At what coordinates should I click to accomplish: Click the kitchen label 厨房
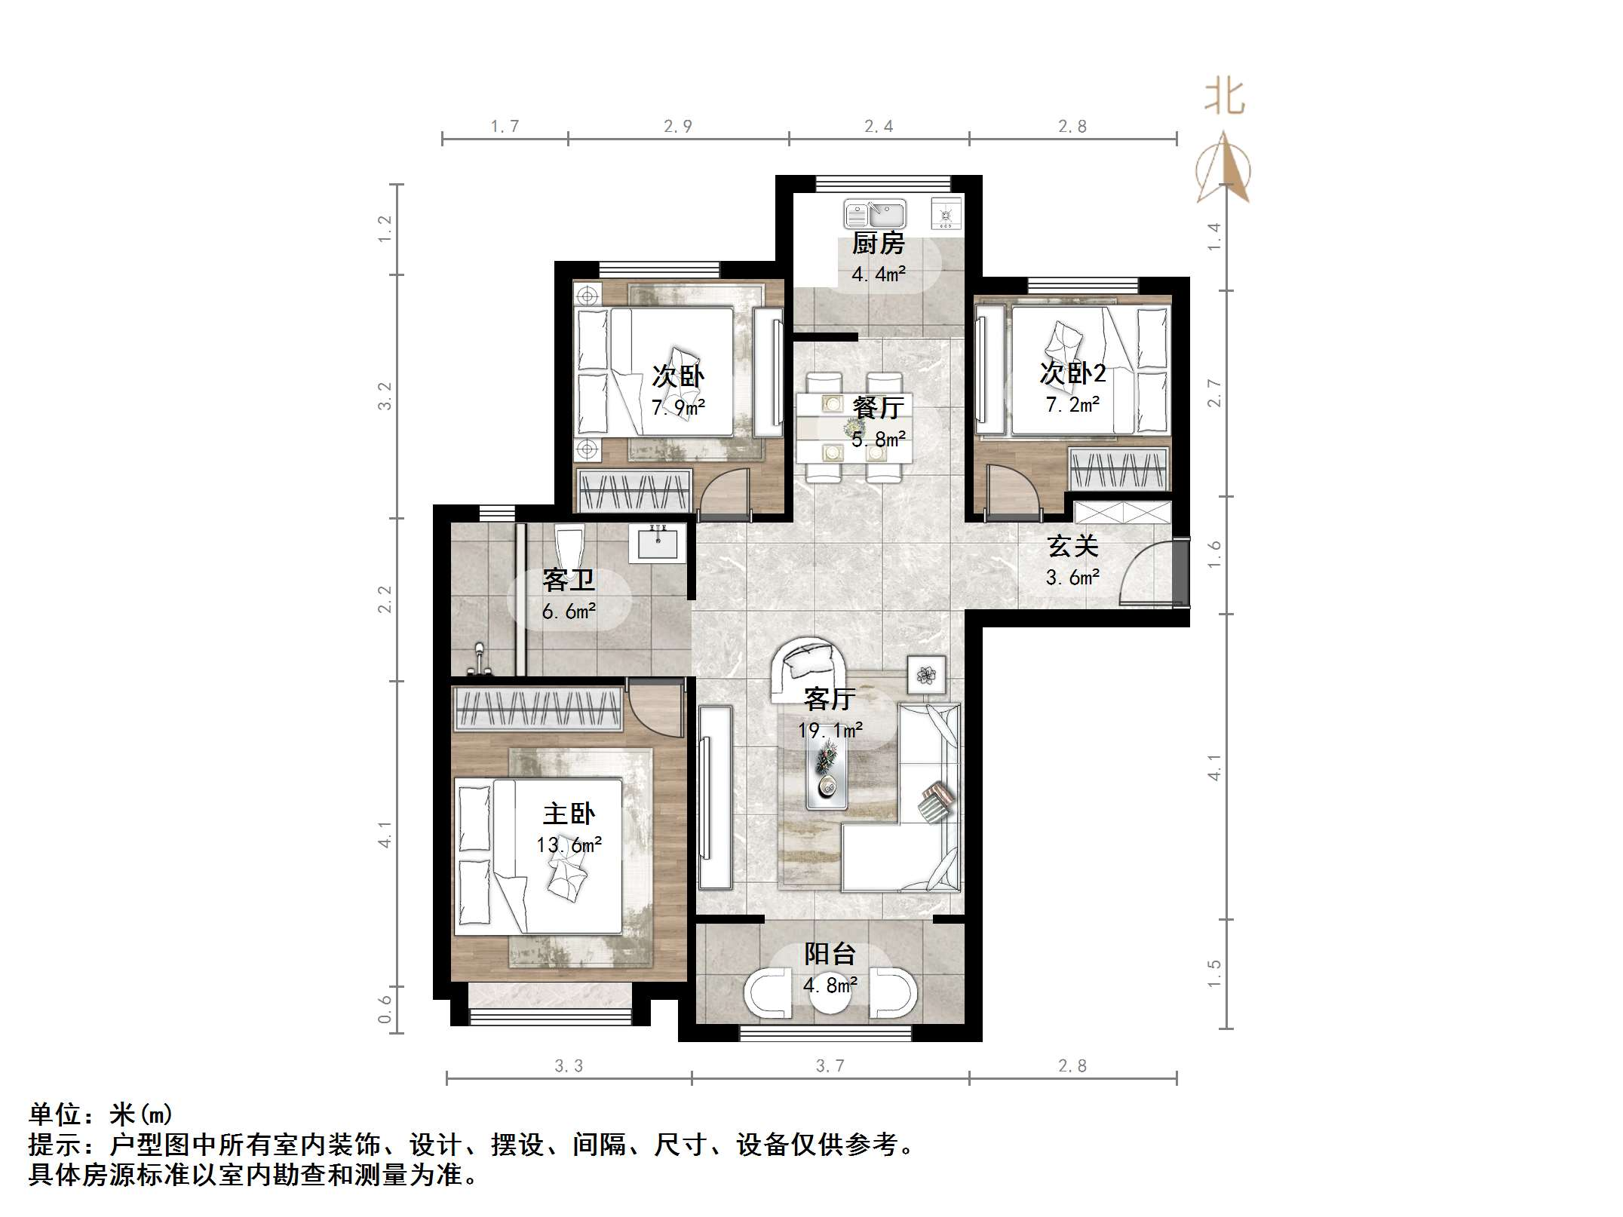pyautogui.click(x=878, y=244)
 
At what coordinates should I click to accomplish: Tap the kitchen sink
pyautogui.click(x=875, y=214)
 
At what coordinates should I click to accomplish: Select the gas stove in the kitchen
pyautogui.click(x=946, y=214)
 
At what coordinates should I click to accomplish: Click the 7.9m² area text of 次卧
pyautogui.click(x=678, y=408)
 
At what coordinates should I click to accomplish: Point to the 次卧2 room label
pyautogui.click(x=1072, y=372)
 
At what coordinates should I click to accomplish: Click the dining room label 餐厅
pyautogui.click(x=878, y=408)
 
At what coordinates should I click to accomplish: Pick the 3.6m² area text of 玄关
pyautogui.click(x=1072, y=578)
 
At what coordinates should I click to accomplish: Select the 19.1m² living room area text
pyautogui.click(x=830, y=730)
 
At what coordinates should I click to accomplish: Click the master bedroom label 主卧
pyautogui.click(x=569, y=814)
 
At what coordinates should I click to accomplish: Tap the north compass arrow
pyautogui.click(x=1223, y=170)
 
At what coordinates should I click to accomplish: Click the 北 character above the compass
pyautogui.click(x=1223, y=98)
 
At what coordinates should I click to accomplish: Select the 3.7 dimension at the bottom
pyautogui.click(x=830, y=1065)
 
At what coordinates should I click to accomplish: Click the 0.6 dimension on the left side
pyautogui.click(x=385, y=1009)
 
